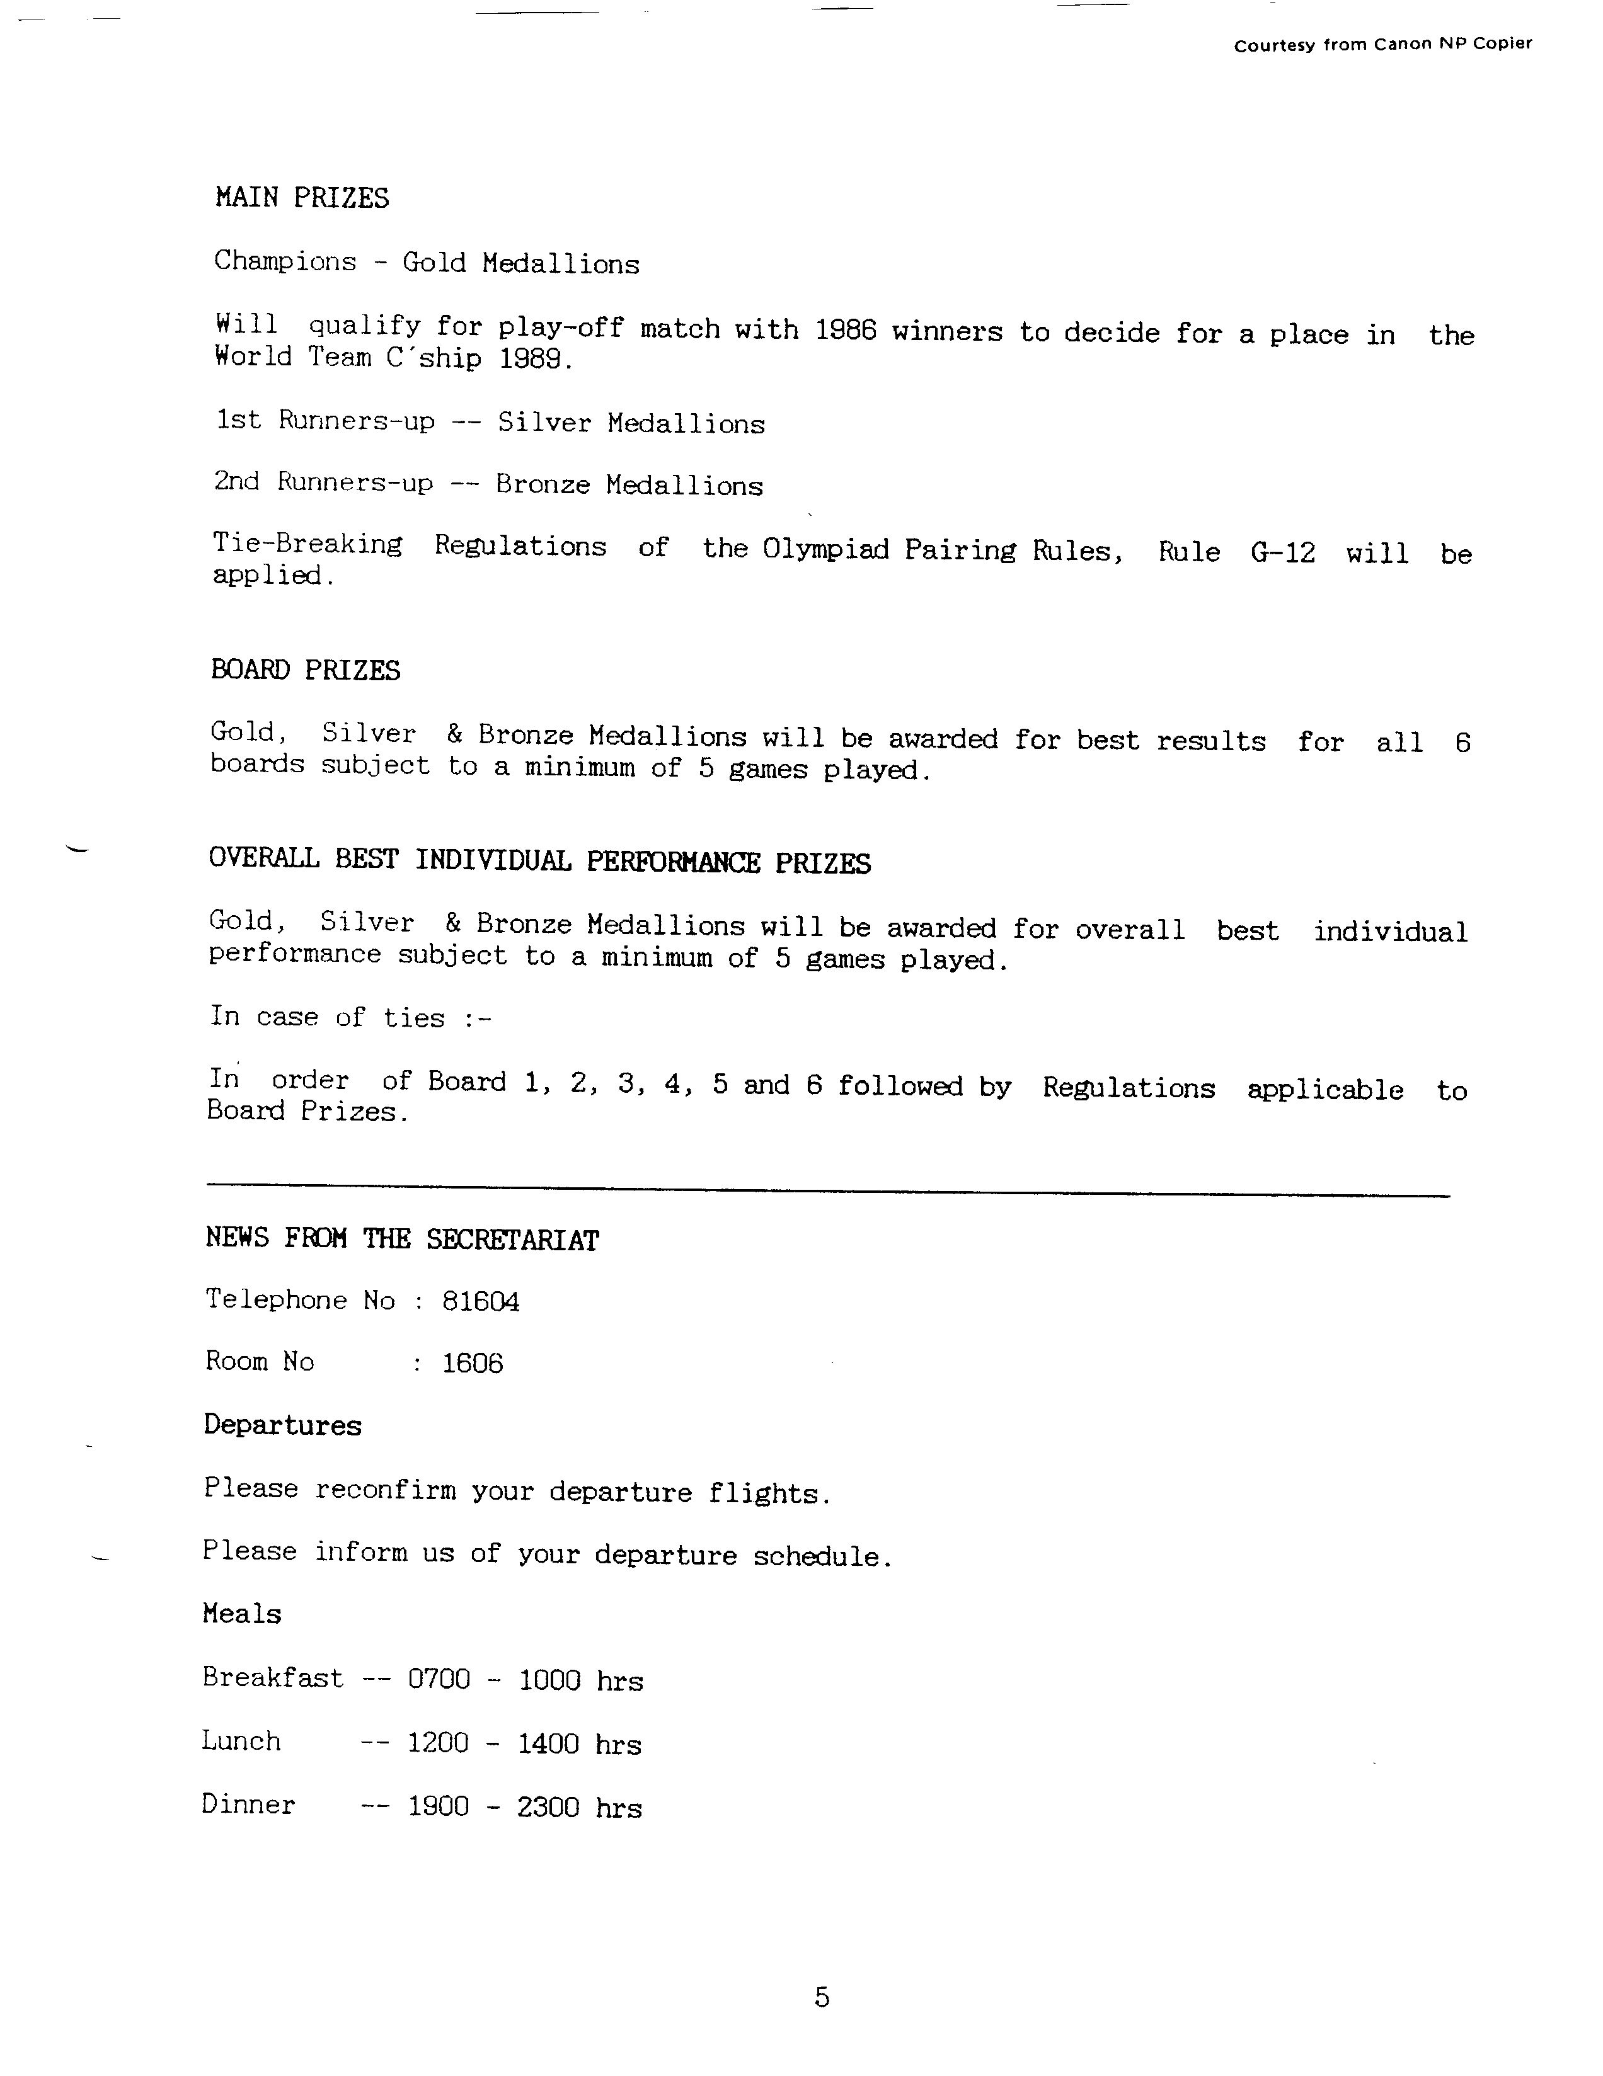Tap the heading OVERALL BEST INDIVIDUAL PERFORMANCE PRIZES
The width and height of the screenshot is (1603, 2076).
[539, 861]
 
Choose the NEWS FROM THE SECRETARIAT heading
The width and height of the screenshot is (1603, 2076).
[402, 1240]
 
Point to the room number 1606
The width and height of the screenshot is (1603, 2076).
[473, 1363]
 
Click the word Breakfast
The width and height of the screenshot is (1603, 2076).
[273, 1678]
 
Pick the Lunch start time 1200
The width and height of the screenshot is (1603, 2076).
[437, 1742]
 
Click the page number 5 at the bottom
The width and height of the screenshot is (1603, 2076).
[822, 1997]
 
